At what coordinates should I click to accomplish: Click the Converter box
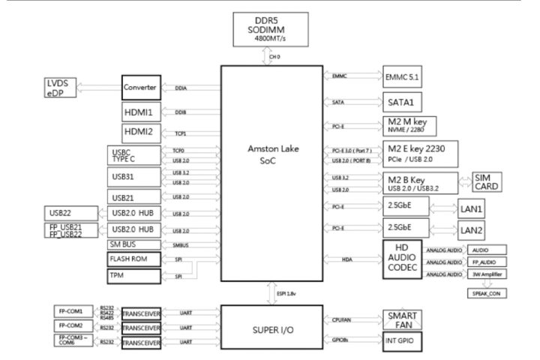pos(141,88)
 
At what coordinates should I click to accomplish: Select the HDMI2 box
pos(140,133)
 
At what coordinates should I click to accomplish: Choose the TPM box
pos(132,277)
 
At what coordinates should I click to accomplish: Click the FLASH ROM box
pos(132,259)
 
